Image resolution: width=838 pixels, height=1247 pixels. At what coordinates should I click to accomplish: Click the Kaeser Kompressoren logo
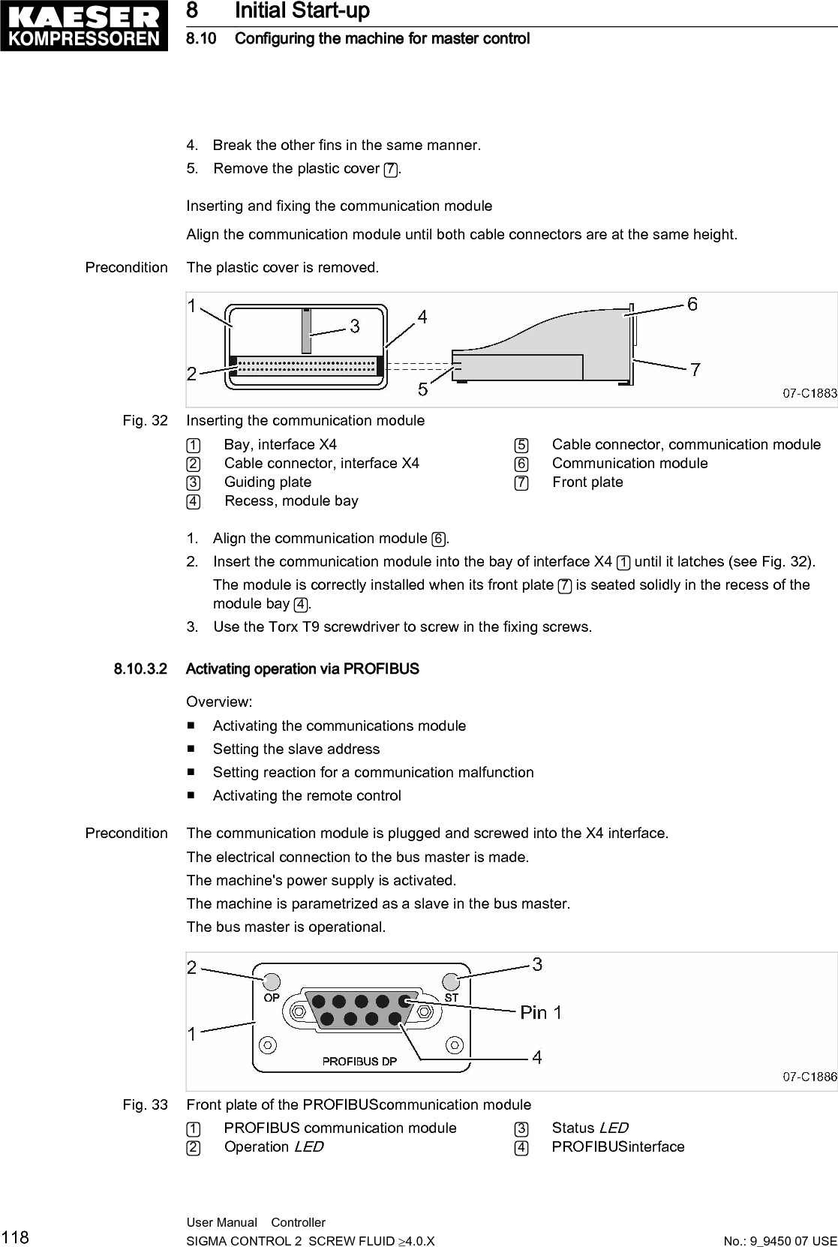(x=83, y=26)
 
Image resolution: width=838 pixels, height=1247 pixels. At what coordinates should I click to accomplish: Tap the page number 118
(x=15, y=1237)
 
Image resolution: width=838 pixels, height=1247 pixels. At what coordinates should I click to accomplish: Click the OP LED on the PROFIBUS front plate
(x=272, y=981)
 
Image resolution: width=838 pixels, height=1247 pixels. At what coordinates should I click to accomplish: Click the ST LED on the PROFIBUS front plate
(x=451, y=981)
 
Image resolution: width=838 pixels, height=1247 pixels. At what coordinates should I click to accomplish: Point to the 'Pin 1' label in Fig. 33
(x=540, y=1012)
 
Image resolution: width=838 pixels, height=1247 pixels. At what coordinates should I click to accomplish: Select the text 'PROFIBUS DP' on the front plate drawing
(x=359, y=1061)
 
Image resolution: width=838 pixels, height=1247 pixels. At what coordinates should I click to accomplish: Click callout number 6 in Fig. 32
(x=692, y=304)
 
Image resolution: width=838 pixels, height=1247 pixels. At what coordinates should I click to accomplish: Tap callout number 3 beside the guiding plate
(x=354, y=326)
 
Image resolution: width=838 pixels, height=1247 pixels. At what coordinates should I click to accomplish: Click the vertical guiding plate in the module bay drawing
(x=306, y=330)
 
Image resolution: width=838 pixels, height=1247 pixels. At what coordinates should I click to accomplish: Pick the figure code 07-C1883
(x=809, y=392)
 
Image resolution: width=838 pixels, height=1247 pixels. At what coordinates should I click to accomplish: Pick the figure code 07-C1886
(x=809, y=1077)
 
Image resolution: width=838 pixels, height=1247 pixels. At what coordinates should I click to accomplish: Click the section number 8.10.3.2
(x=141, y=669)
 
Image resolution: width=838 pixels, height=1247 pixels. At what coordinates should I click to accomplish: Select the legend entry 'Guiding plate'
(x=268, y=482)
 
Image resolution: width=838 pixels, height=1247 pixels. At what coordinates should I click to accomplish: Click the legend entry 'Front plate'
(x=587, y=482)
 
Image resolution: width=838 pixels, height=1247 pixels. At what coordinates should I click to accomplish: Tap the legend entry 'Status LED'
(x=590, y=1128)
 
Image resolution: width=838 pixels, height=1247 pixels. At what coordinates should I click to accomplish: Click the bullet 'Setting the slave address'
(x=296, y=749)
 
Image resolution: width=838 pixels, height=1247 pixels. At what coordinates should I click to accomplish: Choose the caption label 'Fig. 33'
(x=146, y=1104)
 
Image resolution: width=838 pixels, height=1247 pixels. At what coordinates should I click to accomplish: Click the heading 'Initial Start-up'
(x=302, y=11)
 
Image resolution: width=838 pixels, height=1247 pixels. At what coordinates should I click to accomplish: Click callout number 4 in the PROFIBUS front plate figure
(x=537, y=1057)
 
